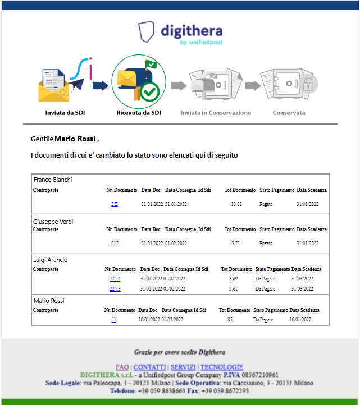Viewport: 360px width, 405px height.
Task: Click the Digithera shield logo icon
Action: tap(147, 31)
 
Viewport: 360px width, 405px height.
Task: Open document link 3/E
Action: tap(115, 204)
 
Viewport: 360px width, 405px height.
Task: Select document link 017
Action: tap(115, 243)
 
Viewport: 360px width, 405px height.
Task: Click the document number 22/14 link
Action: tap(115, 279)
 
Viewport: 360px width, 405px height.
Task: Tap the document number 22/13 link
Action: tap(115, 289)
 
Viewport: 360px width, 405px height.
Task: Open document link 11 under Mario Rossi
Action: tap(114, 320)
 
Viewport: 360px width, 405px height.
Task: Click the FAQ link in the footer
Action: tap(122, 367)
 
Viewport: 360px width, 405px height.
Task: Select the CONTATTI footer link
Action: tap(149, 367)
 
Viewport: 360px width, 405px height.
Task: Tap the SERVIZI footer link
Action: tap(183, 367)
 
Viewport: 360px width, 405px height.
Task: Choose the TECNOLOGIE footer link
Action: tap(222, 367)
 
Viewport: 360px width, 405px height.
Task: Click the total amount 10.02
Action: tap(236, 204)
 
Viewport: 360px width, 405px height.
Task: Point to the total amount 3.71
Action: tap(236, 243)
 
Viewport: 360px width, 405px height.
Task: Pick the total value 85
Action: tap(230, 320)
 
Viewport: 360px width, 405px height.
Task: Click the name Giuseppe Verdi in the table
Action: tap(53, 222)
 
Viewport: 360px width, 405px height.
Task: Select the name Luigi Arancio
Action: tap(51, 260)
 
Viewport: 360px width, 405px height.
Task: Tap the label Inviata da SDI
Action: tap(65, 113)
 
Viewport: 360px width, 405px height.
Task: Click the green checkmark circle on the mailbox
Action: tap(150, 91)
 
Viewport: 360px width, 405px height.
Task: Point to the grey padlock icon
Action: tap(308, 84)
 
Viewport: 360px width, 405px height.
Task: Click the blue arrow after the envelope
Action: tap(101, 85)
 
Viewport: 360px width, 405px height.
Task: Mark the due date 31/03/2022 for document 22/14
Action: tap(302, 279)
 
